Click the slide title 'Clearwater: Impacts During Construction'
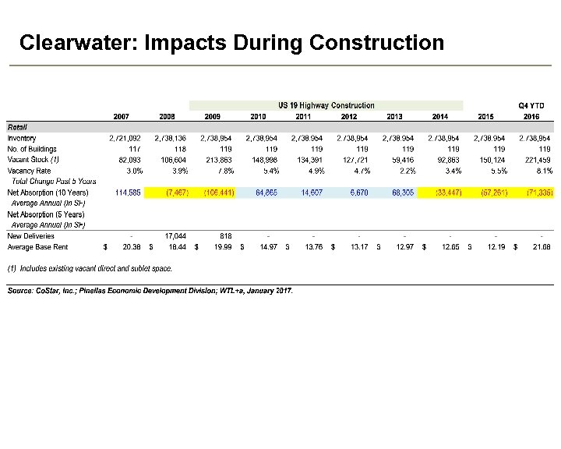[231, 42]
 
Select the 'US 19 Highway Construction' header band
[326, 105]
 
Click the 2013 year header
[394, 116]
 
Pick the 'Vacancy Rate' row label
[29, 170]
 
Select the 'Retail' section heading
[17, 126]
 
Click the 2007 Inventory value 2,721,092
[125, 137]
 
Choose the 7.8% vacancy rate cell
[223, 170]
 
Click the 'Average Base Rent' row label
[37, 246]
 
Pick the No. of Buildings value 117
[133, 148]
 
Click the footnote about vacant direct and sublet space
[90, 269]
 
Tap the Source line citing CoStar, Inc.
[150, 291]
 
